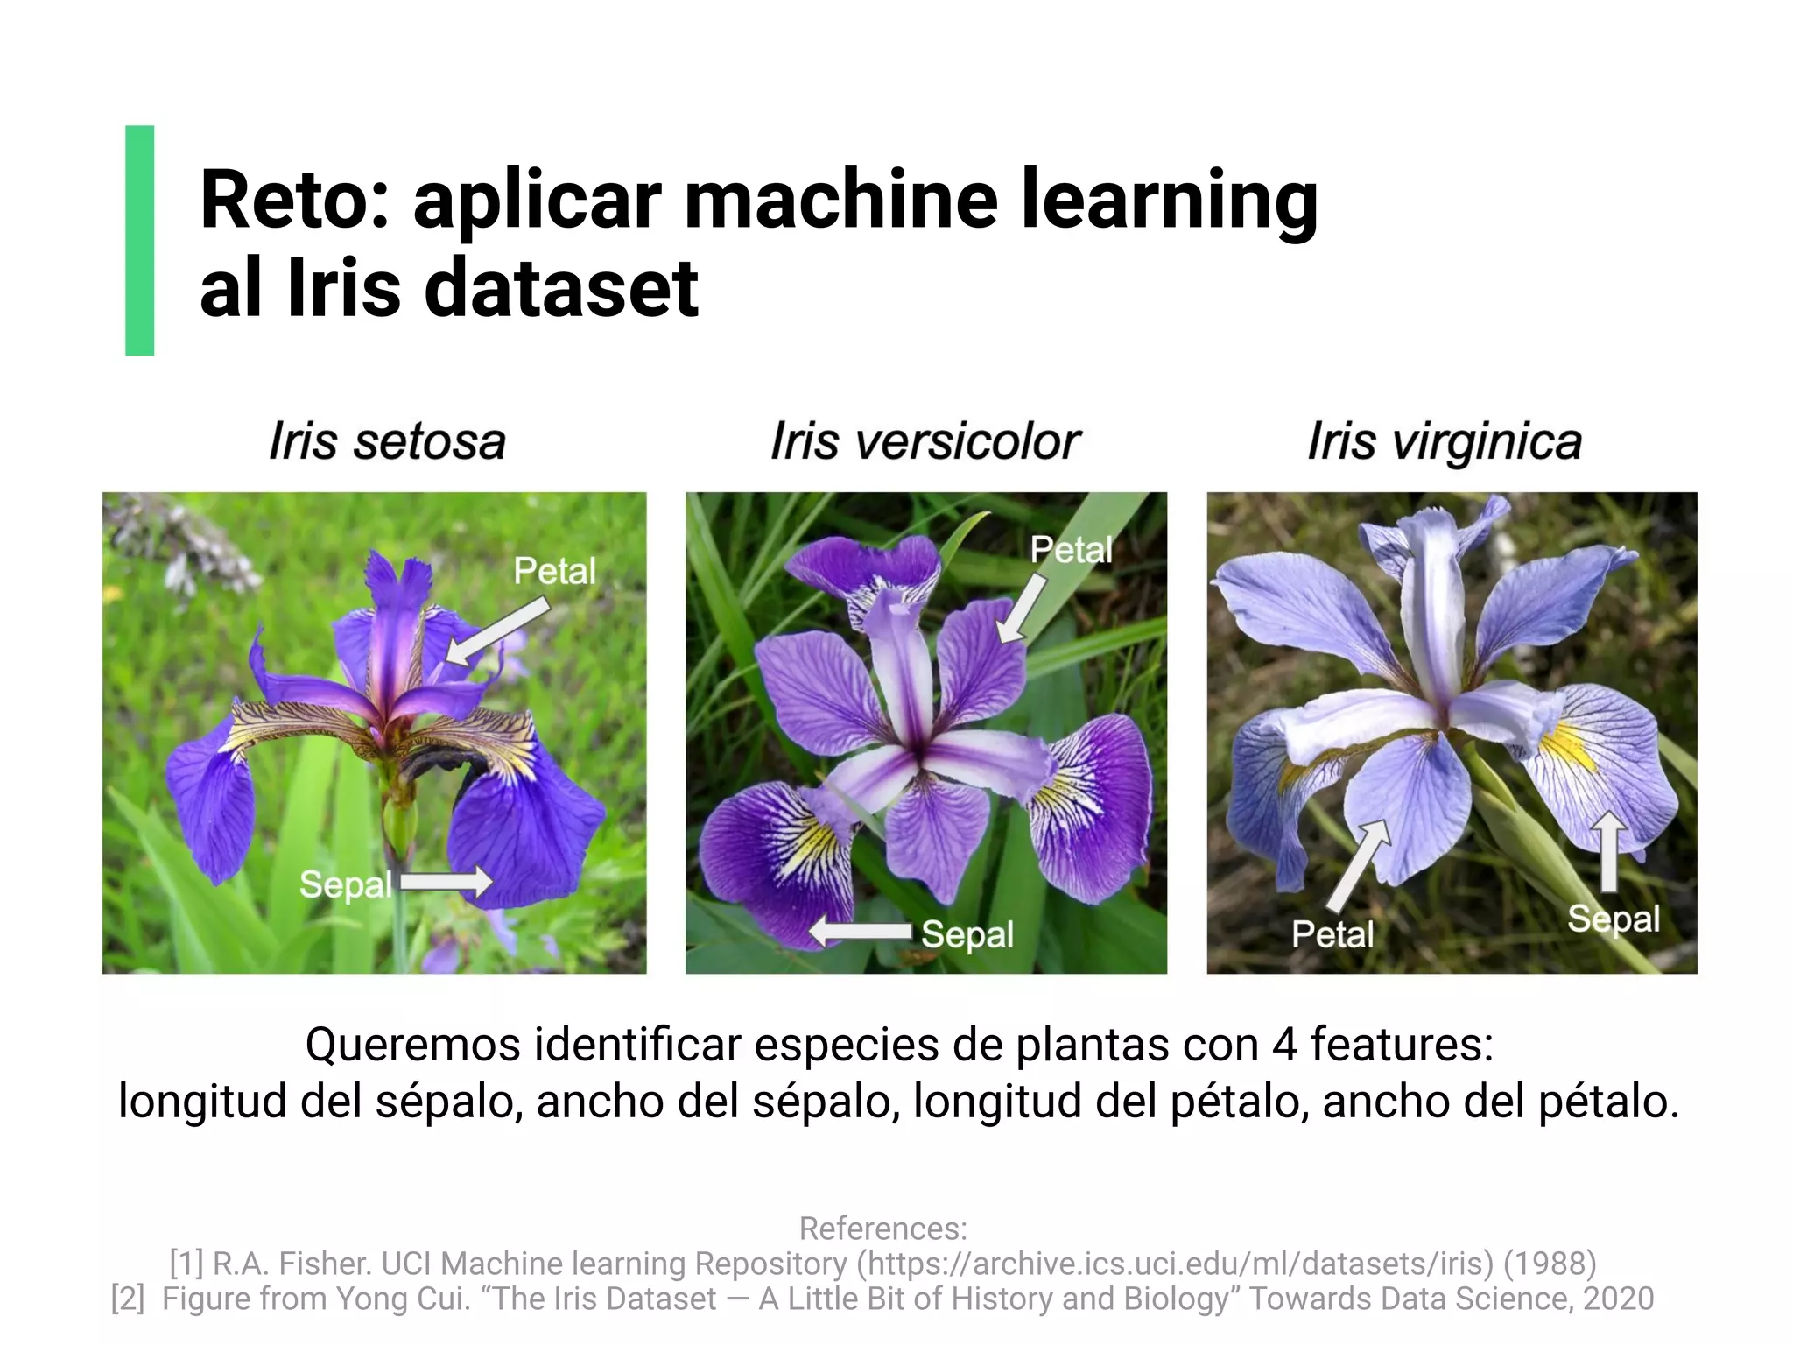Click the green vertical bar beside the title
[140, 240]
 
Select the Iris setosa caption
[387, 441]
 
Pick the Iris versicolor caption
[925, 441]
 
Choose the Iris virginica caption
[1445, 441]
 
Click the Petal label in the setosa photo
[554, 571]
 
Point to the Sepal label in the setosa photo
[345, 884]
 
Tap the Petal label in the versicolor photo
[1071, 550]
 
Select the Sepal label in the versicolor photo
[967, 934]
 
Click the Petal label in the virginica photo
[1332, 934]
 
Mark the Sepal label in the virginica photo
[1613, 919]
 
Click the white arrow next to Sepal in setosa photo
[446, 881]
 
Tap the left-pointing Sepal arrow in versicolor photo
[861, 932]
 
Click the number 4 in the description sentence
[1284, 1045]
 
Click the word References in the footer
[882, 1229]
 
